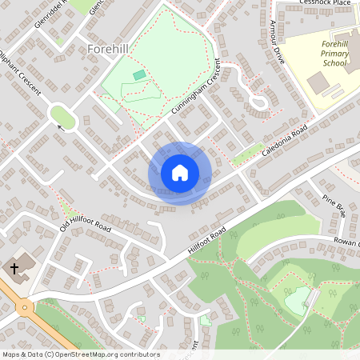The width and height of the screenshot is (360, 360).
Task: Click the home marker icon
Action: (180, 173)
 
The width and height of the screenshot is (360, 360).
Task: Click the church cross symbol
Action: (14, 266)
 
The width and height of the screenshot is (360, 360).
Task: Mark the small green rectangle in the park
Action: (140, 74)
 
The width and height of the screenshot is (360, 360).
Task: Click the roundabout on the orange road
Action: (25, 306)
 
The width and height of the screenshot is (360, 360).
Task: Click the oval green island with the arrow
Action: (64, 118)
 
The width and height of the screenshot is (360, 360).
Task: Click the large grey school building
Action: (318, 81)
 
